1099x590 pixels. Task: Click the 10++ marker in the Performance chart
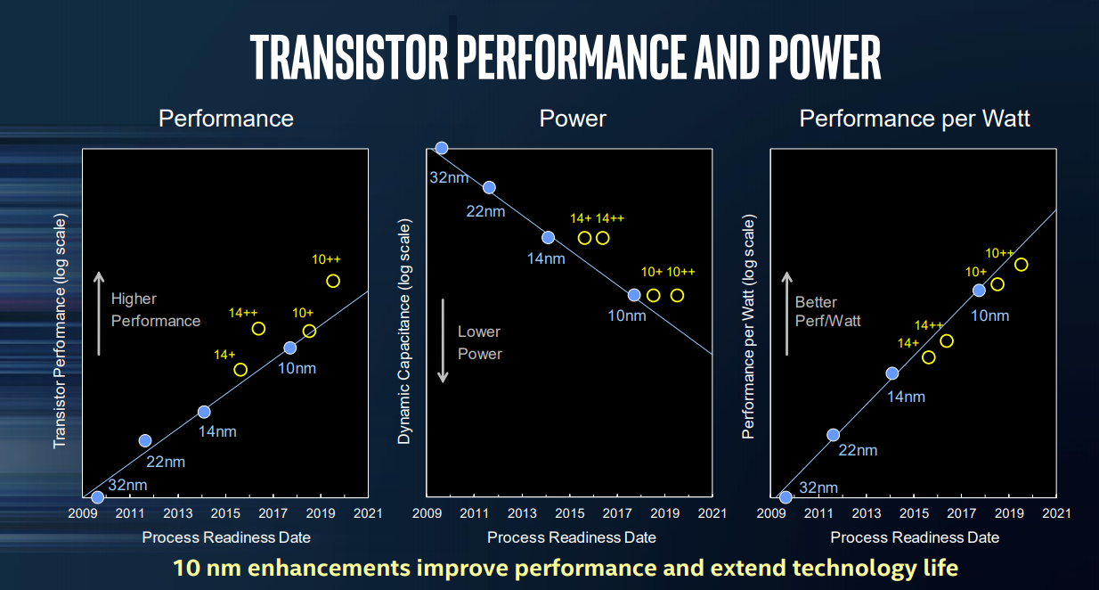coord(333,281)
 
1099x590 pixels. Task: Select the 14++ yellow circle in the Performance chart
coord(258,329)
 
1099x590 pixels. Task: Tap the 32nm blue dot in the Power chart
coord(441,148)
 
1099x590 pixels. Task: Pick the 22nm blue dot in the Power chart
coord(489,187)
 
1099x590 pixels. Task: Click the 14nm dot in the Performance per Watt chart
coord(892,373)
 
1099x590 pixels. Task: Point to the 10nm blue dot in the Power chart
coord(634,295)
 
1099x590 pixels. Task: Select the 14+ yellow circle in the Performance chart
coord(240,369)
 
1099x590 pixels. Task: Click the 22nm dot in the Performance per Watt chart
coord(834,435)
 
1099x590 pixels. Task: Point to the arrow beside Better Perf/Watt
coord(786,313)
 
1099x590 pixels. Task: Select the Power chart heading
coord(573,119)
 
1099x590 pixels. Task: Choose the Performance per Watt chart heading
coord(915,119)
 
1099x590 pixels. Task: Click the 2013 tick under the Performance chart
coord(178,513)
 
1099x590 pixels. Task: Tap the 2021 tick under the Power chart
coord(712,513)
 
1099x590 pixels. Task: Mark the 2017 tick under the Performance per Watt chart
coord(959,513)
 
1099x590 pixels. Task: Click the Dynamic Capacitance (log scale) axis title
coord(405,332)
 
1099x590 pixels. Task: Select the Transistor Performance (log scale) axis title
coord(60,330)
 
